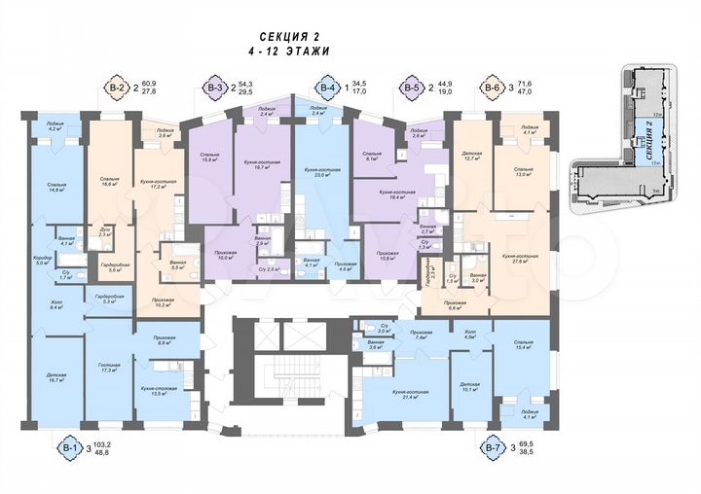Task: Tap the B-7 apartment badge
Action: [493, 448]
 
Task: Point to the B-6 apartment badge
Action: [492, 89]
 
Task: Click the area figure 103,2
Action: [102, 443]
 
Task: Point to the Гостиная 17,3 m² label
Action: [108, 368]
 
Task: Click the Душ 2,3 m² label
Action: [104, 231]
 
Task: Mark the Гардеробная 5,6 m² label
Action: [109, 267]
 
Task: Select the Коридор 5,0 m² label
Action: [42, 261]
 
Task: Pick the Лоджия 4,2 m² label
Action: [53, 127]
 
